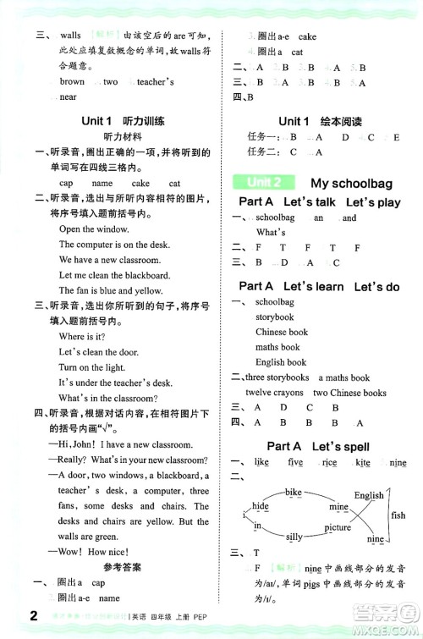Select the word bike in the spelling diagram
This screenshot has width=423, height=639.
pos(294,492)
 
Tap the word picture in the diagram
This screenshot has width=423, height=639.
pos(337,527)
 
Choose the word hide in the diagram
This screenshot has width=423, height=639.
pos(261,505)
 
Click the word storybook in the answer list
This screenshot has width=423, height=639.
pos(275,317)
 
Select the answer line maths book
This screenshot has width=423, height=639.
pos(277,347)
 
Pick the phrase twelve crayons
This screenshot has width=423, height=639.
pos(275,393)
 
